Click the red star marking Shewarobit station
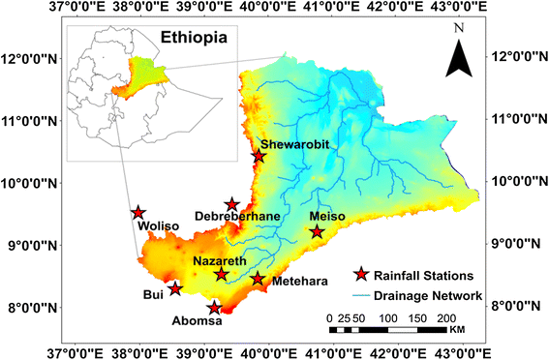pos(259,156)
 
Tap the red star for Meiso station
pos(317,231)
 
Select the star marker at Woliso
pos(138,213)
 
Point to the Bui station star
pos(175,288)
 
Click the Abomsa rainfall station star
pos(214,309)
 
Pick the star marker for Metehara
pos(258,279)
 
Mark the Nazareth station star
pos(221,275)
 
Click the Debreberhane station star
pos(232,204)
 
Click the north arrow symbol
pos(458,56)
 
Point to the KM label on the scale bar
pos(458,331)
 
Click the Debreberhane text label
pos(237,217)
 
